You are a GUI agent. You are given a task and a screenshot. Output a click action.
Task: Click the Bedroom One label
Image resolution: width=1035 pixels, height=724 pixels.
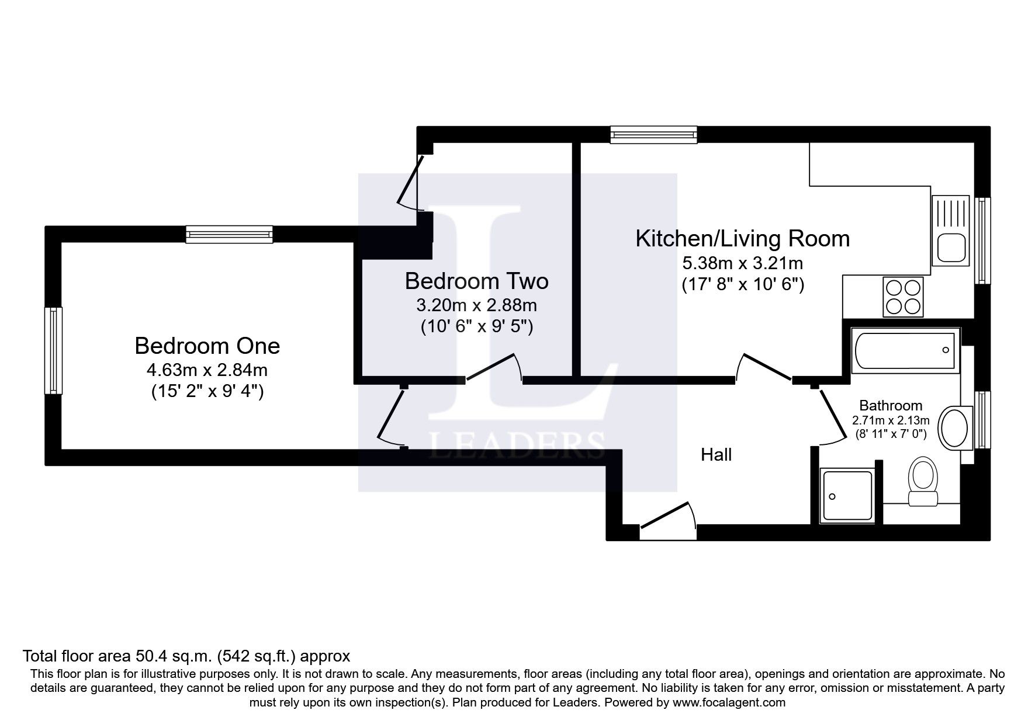click(207, 346)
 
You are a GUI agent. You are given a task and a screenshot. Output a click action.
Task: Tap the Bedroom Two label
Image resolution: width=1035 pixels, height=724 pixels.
click(476, 281)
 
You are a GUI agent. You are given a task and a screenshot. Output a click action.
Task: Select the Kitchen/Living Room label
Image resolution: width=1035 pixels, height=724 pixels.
click(742, 239)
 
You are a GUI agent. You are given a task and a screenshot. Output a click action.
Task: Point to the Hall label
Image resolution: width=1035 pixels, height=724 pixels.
click(716, 454)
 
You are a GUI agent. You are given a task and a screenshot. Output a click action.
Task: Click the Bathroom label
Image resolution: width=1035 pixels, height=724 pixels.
click(891, 405)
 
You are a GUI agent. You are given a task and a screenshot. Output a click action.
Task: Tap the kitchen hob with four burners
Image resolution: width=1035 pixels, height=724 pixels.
click(904, 297)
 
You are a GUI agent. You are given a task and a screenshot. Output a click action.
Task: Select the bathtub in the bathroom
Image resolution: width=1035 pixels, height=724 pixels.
click(905, 350)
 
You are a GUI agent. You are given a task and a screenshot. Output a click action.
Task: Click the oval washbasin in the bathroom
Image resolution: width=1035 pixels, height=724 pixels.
click(955, 427)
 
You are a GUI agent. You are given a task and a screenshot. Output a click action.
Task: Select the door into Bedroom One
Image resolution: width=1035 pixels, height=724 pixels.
click(392, 415)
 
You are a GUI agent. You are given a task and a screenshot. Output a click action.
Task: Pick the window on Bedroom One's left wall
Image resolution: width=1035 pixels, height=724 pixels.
click(54, 350)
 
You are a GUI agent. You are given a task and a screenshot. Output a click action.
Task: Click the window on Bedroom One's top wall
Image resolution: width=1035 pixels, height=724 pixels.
click(229, 235)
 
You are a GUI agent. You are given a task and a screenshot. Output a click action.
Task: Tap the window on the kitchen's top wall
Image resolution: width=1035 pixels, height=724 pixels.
click(654, 135)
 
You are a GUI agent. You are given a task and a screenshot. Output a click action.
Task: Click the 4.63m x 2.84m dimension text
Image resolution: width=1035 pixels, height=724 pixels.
click(207, 370)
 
